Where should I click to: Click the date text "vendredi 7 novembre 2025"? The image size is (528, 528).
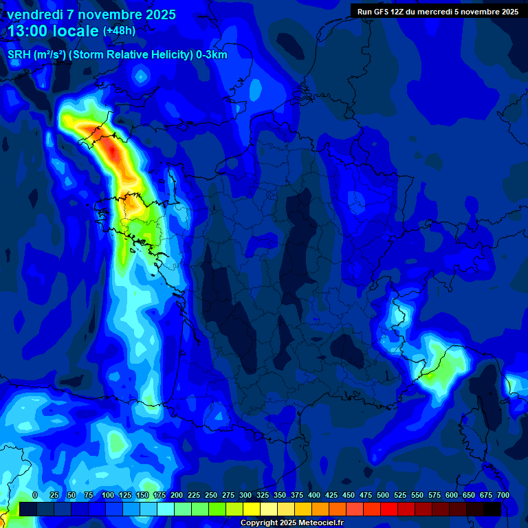[91, 14]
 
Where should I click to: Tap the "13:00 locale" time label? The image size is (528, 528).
[53, 31]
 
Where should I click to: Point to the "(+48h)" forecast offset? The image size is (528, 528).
[119, 31]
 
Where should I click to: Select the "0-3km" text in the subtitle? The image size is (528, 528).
[211, 55]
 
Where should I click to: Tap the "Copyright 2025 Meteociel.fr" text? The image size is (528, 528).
[291, 523]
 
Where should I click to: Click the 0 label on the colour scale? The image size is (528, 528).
[35, 496]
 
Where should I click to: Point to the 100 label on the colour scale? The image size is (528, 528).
[108, 496]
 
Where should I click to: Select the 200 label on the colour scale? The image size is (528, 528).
[177, 496]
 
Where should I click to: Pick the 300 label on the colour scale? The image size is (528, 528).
[245, 496]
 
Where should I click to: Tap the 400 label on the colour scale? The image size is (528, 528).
[314, 496]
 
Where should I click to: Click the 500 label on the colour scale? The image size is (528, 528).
[383, 496]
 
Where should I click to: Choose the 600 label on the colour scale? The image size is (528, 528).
[452, 496]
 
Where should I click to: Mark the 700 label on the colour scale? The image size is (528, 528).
[503, 496]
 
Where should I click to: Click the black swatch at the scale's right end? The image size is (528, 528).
[492, 509]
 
